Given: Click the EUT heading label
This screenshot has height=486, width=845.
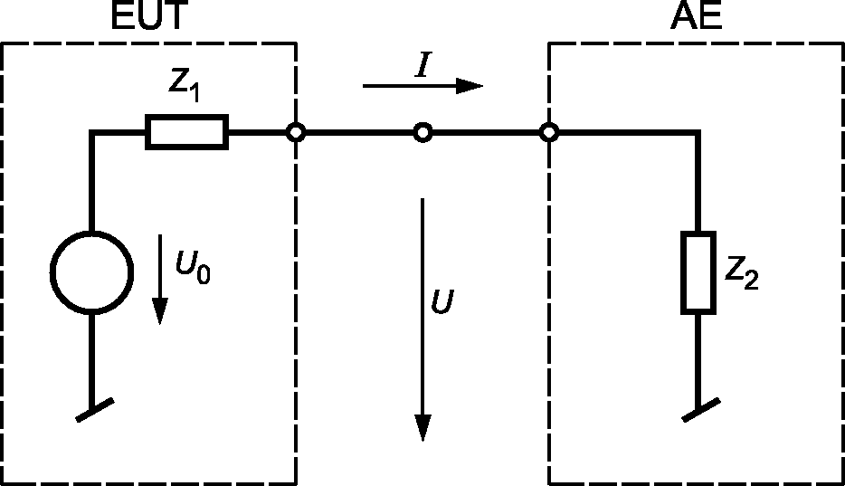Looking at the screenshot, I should tap(148, 18).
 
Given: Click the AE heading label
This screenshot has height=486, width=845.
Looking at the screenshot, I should tap(697, 18).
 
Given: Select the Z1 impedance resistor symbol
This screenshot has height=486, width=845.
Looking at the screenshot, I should tap(186, 133).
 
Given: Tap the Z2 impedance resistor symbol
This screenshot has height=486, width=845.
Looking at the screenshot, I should tap(699, 272).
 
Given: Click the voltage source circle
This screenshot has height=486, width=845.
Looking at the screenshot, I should tap(91, 272).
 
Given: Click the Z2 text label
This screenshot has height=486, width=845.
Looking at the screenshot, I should tap(741, 272).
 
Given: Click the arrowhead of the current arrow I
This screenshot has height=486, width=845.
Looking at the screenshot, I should tap(469, 86).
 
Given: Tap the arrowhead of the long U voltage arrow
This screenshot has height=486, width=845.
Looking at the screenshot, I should tap(422, 427).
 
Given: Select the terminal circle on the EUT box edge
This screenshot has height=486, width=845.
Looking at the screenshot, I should tap(295, 133).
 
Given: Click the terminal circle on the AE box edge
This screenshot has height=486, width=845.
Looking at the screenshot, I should tap(548, 133).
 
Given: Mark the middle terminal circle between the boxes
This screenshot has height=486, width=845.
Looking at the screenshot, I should tap(422, 133).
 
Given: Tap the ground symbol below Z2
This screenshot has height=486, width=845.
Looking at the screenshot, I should tap(699, 410).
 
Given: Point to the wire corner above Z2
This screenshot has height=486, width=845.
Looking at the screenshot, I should tap(699, 133).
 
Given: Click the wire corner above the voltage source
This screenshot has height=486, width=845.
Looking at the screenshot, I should tap(91, 133).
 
